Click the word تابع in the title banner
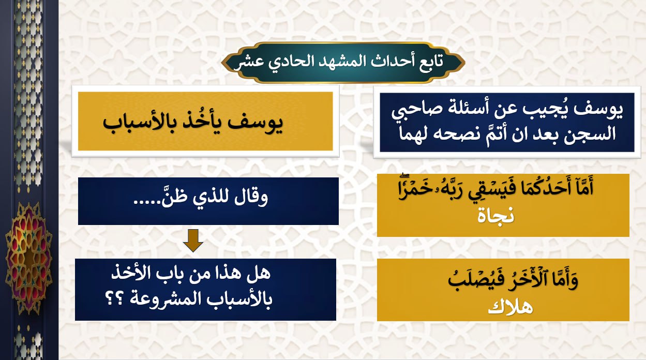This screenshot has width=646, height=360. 429,61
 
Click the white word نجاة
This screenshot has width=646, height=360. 495,215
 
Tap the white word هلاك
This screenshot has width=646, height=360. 510,307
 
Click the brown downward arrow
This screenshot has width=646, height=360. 193,241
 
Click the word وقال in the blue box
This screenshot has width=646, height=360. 251,198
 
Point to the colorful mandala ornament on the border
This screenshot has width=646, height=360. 28,258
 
